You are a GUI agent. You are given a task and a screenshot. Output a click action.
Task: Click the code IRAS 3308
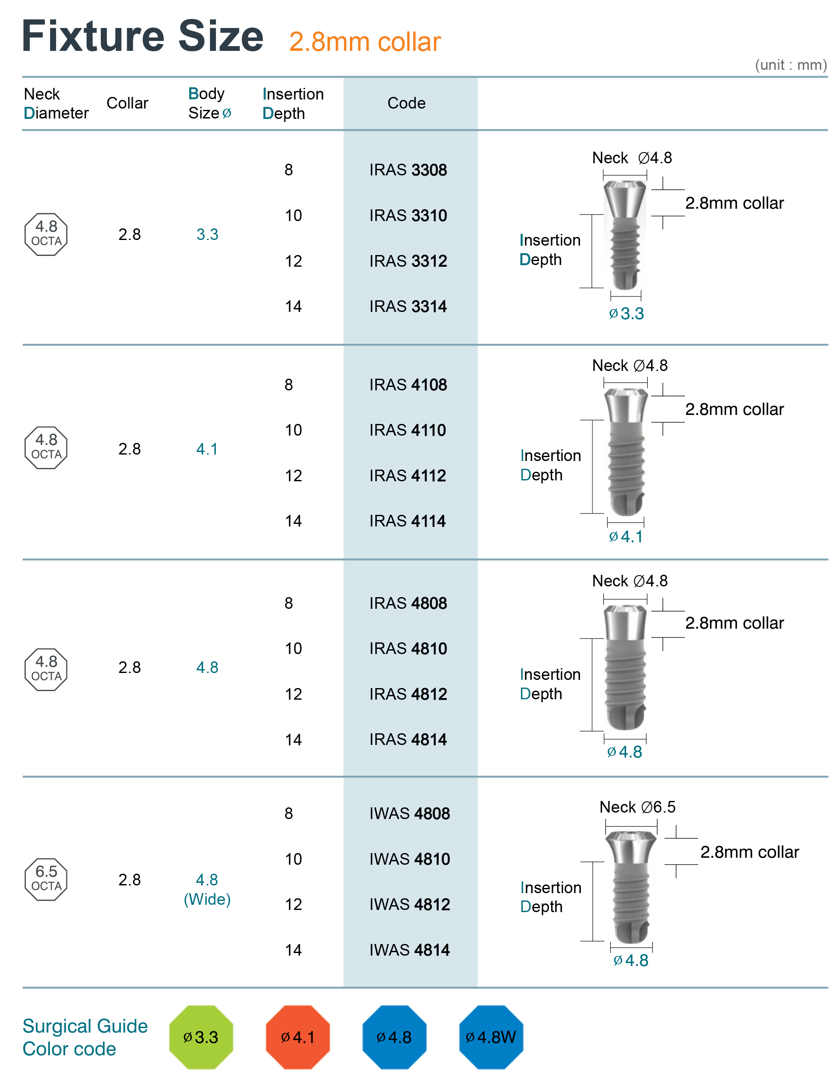click(408, 170)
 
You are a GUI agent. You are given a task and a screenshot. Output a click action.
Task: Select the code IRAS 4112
click(408, 476)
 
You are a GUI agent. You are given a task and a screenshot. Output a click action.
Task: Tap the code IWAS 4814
click(409, 950)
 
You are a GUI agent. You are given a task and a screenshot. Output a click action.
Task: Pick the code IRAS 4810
click(408, 649)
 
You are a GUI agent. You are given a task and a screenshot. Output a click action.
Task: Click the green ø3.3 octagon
click(201, 1037)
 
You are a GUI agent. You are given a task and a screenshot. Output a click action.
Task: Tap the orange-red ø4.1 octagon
click(298, 1037)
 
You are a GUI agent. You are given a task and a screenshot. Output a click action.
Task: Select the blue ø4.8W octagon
click(491, 1037)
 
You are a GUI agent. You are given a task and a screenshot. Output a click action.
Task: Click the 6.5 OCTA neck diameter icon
click(46, 879)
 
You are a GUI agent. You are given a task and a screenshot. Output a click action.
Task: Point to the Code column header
click(407, 103)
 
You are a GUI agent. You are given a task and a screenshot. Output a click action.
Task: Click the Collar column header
click(128, 103)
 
